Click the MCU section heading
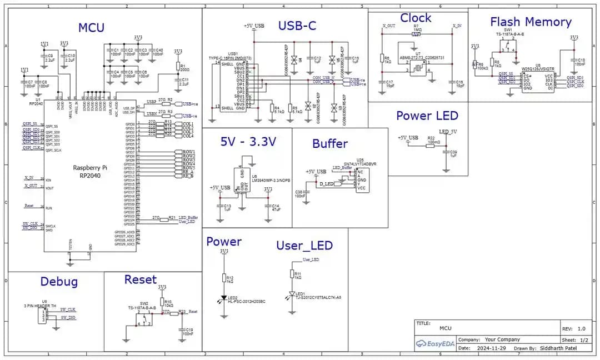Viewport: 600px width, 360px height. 91,28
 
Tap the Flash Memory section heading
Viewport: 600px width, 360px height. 531,22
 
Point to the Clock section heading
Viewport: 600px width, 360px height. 416,18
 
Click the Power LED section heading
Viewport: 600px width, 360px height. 427,116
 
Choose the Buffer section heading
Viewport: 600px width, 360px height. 330,143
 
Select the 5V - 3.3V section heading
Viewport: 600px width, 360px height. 248,142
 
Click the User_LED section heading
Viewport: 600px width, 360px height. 304,246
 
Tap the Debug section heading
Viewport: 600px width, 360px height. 59,282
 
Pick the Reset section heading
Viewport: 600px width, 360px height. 140,279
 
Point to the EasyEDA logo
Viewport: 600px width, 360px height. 436,344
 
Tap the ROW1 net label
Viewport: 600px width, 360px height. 188,152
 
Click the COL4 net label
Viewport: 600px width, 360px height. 188,136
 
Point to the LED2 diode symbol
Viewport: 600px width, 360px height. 224,299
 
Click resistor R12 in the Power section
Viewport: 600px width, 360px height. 224,278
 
